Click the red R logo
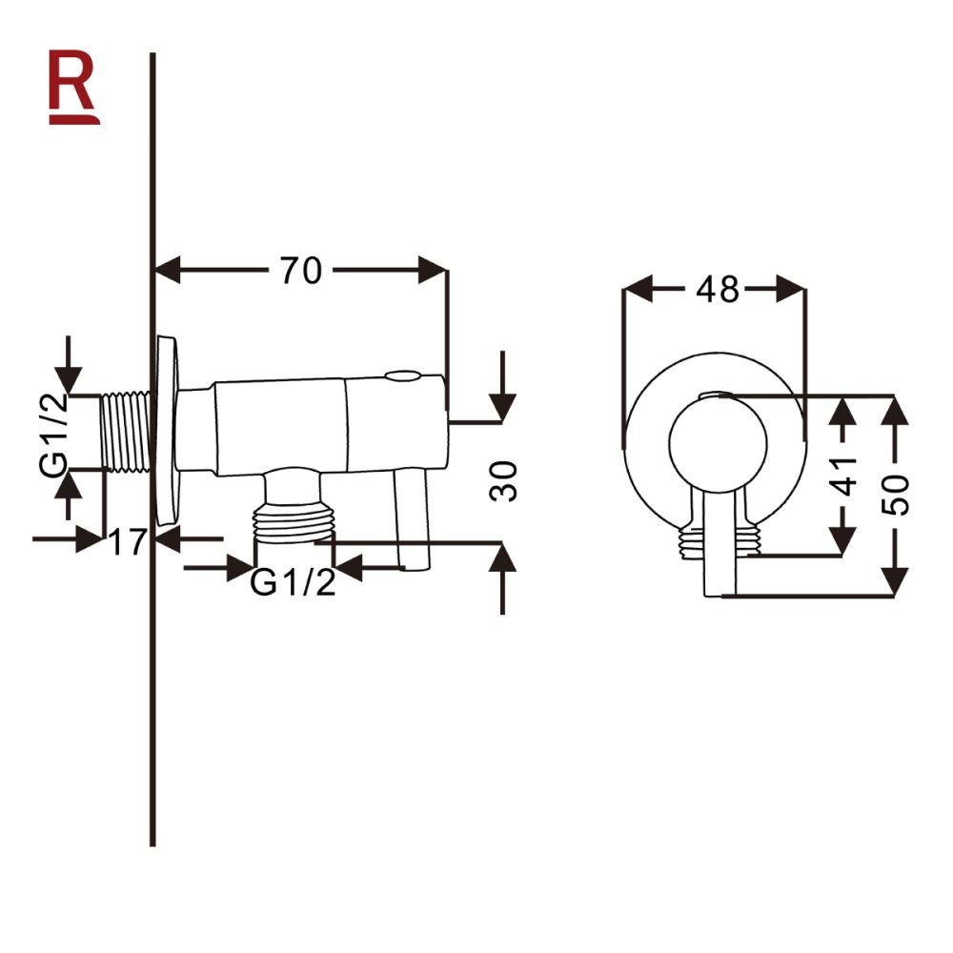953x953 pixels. click(73, 90)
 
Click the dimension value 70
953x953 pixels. click(300, 272)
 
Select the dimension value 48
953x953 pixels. click(717, 289)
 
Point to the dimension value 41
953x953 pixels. click(844, 474)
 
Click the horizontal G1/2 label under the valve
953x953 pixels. click(293, 581)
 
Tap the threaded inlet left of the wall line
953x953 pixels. click(126, 431)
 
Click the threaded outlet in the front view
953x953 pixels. click(717, 540)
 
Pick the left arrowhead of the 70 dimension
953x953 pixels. click(168, 271)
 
